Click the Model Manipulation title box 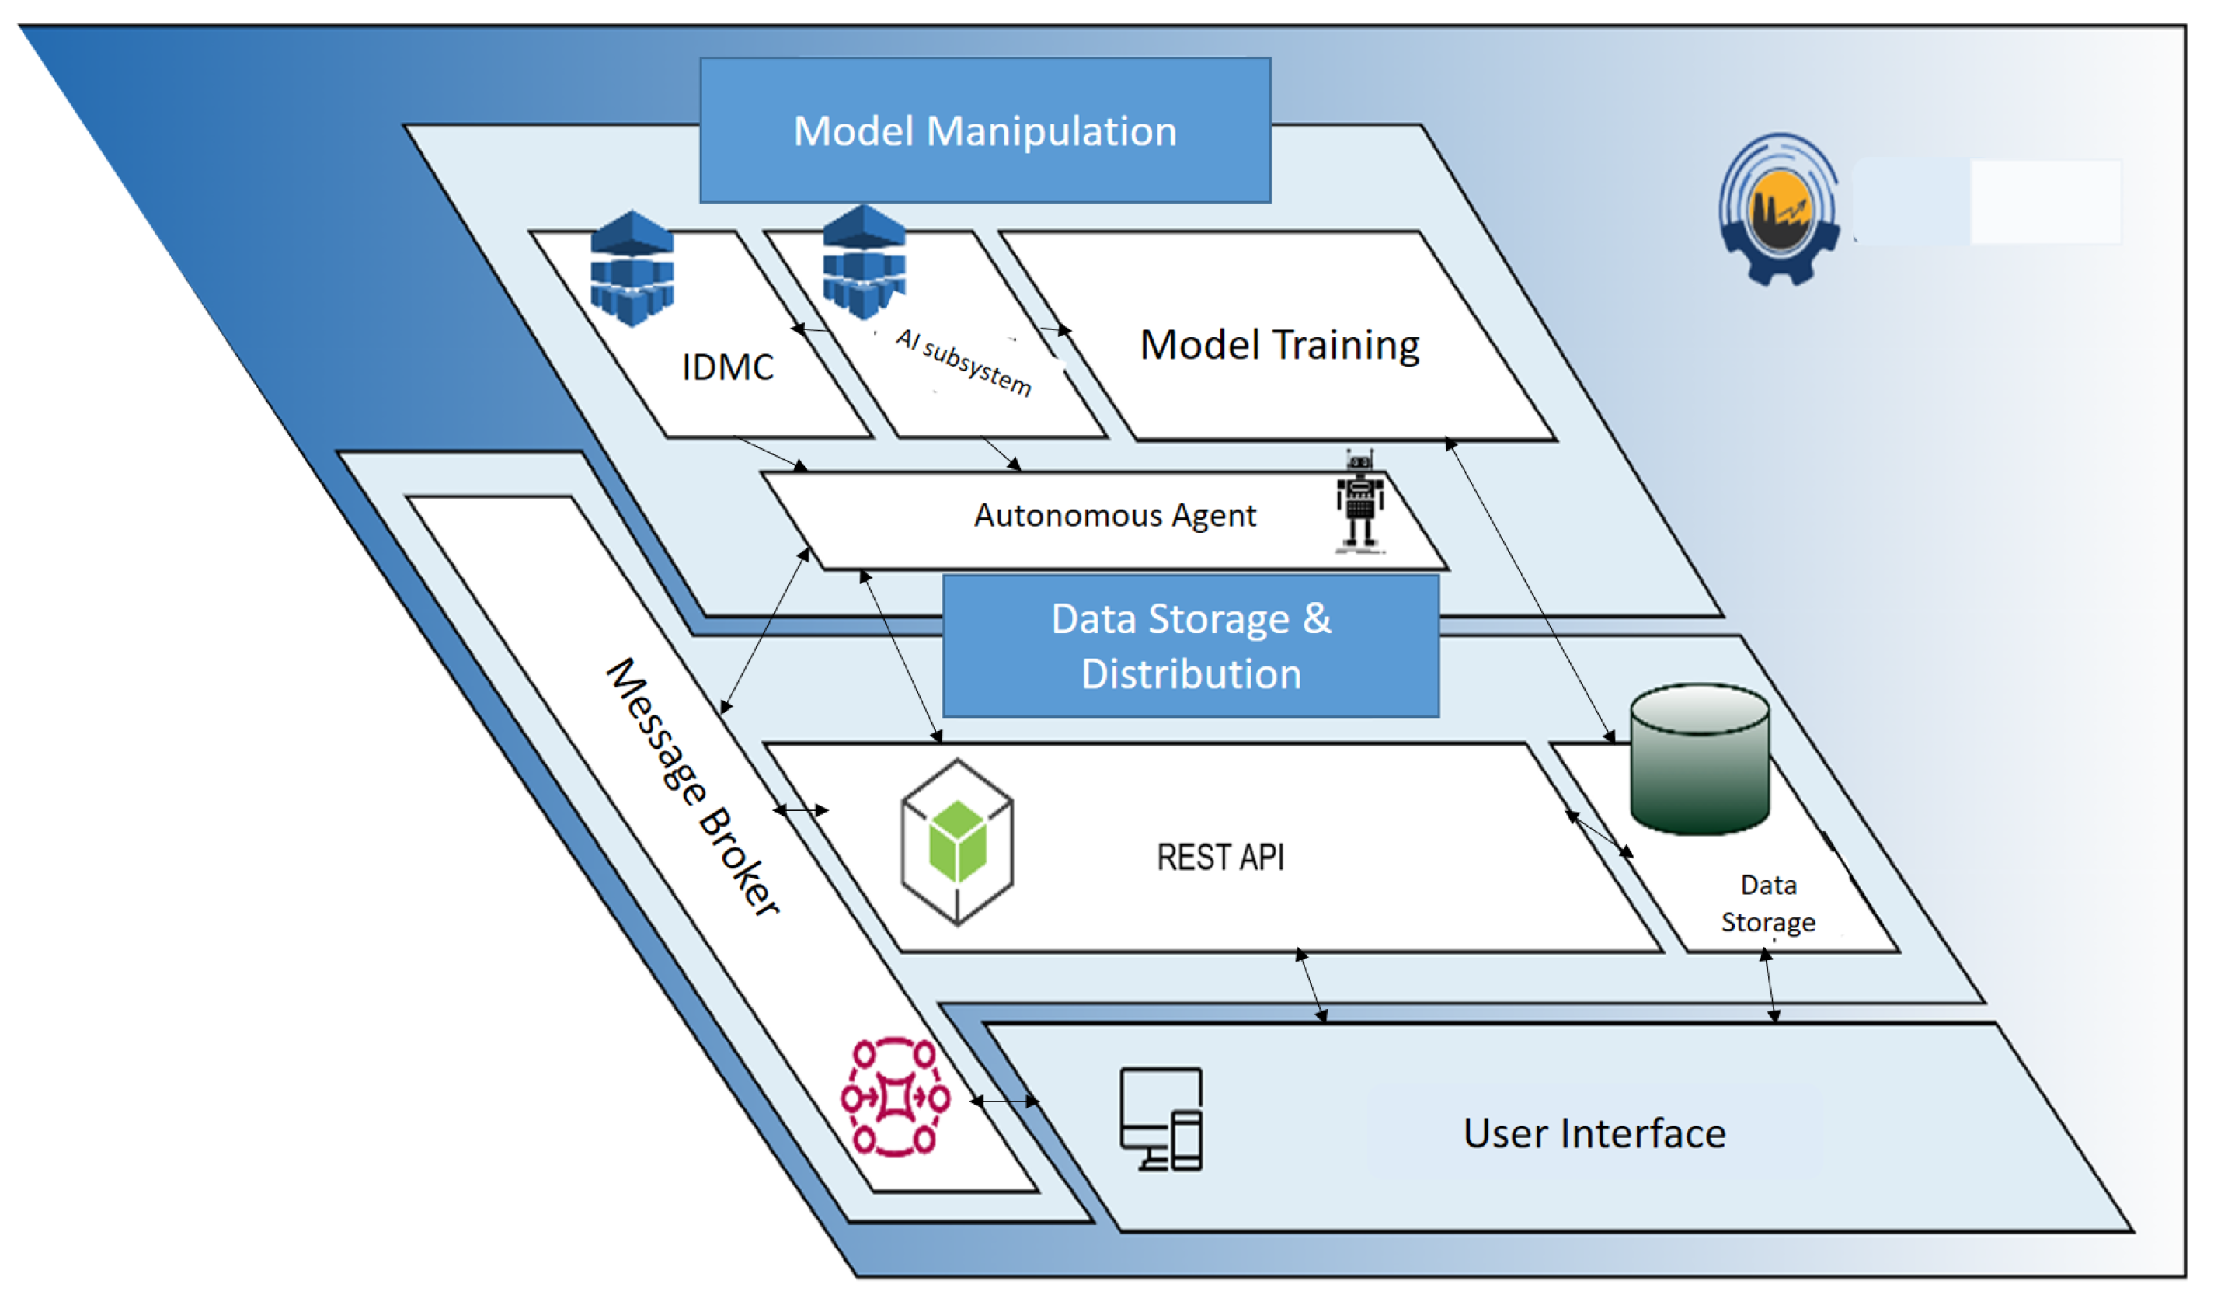coord(985,130)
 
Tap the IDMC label coord(728,367)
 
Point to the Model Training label coord(1280,345)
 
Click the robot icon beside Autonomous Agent coord(1360,502)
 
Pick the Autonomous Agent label coord(1115,515)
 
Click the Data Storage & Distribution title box coord(1191,646)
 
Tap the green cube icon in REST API coord(958,841)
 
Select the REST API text coord(1220,858)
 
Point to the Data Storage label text coord(1768,904)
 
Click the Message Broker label coord(694,787)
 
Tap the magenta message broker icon coord(896,1098)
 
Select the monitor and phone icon coord(1161,1119)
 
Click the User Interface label coord(1594,1133)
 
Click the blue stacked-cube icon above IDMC coord(632,268)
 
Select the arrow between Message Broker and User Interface coord(1005,1101)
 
